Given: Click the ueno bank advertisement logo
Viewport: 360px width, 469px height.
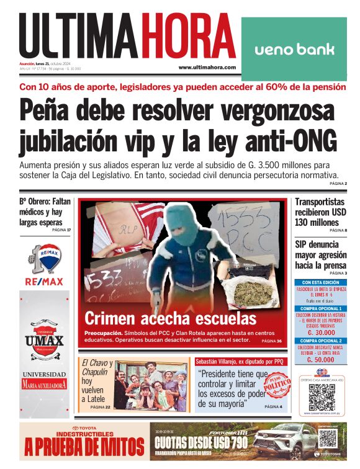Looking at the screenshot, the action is pos(294,49).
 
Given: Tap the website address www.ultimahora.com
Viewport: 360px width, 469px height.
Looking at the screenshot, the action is pos(207,68).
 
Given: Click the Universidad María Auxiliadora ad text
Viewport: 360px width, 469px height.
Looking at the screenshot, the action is pos(44,380).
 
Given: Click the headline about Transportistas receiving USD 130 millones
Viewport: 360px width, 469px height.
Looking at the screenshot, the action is pos(320,213).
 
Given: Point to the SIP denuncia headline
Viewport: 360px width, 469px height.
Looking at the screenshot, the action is pos(320,254).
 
